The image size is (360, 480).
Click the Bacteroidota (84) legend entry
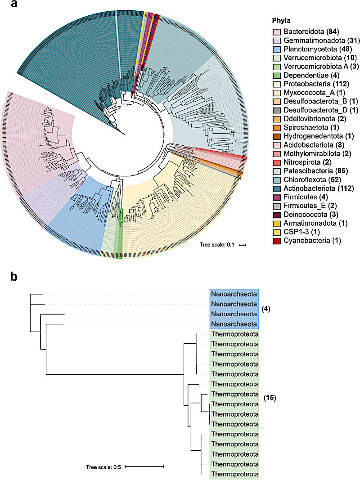pos(311,32)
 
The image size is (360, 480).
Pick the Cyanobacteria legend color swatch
pos(277,241)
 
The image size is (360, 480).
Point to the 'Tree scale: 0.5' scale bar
pos(144,467)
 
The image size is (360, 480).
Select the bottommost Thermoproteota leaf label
pos(234,475)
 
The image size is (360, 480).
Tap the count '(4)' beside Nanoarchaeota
pos(266,309)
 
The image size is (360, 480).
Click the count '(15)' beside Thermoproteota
pos(270,398)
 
